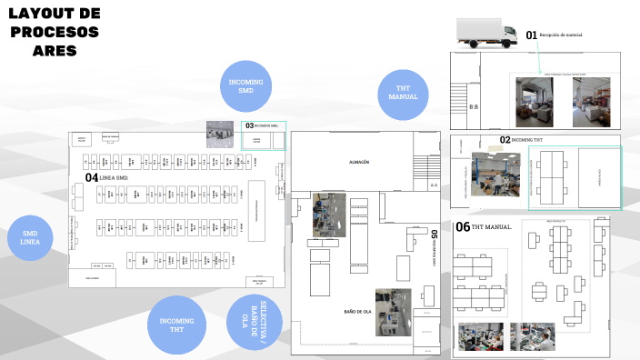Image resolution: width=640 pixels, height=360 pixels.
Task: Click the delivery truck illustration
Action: tap(485, 32)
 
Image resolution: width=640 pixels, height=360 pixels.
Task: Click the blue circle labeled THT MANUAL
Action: tap(403, 94)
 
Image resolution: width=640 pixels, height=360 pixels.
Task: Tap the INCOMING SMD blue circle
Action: tap(245, 86)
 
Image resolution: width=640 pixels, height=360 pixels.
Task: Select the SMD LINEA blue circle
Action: tap(30, 238)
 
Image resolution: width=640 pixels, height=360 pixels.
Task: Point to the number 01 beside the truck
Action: tap(532, 35)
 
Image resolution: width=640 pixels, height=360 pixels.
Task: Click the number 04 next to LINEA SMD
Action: tap(91, 177)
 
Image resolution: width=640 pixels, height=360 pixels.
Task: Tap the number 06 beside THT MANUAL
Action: tap(463, 227)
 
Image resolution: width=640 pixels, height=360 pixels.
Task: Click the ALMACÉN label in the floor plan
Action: tap(358, 162)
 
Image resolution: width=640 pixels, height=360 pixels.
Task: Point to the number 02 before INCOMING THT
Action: tap(505, 140)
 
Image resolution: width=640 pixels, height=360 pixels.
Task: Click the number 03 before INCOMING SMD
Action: tap(249, 125)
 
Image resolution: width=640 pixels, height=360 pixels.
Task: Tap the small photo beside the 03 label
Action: tap(219, 133)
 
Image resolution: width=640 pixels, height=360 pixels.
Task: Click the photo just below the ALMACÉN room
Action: tap(329, 215)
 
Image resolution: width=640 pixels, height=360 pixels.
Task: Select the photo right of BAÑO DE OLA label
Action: tap(393, 310)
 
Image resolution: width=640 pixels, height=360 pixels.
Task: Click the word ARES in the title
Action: tap(55, 50)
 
